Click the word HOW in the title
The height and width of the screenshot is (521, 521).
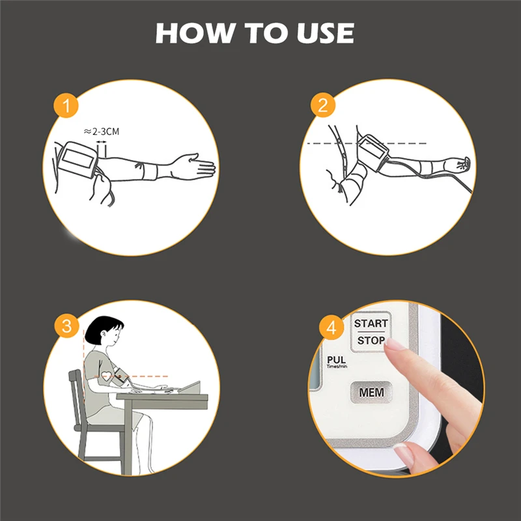194,33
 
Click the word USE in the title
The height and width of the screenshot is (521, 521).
325,33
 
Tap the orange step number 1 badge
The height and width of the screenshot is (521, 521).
66,106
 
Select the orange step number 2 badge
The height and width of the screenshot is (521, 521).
323,105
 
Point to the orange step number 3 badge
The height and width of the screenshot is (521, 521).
67,326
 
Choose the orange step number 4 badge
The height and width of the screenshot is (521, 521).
331,328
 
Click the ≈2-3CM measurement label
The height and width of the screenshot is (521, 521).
101,132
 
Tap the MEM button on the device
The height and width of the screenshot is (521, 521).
371,393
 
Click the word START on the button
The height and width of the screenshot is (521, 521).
371,323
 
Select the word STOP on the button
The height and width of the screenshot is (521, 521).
371,340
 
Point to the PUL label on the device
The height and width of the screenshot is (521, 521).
336,360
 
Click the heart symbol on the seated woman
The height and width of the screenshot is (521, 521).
106,376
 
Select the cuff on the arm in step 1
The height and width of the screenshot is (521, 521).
77,159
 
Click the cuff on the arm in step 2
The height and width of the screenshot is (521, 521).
372,152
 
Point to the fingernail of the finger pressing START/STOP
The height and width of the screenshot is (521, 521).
394,345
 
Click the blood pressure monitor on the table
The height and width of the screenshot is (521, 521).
190,388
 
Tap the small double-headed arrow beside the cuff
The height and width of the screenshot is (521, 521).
102,142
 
